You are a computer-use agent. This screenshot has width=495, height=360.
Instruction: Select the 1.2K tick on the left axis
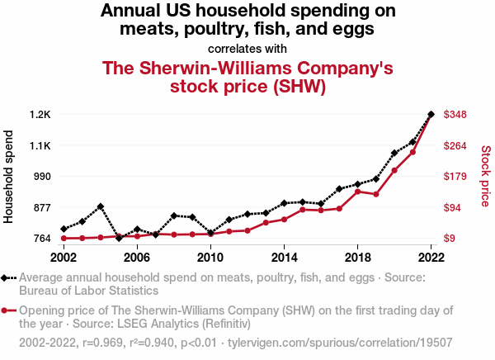39,114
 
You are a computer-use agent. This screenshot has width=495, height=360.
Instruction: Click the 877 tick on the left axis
41,207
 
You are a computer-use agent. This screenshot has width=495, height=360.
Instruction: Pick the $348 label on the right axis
456,114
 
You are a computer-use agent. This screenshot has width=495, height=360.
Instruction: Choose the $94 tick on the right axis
454,207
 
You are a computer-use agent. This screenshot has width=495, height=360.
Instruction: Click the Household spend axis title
10,176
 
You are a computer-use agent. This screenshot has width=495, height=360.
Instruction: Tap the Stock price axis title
486,176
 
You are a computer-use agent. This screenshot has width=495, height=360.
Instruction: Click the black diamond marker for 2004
101,206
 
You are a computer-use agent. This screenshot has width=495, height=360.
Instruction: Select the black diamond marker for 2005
119,238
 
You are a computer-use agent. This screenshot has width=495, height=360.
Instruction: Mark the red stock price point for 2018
357,192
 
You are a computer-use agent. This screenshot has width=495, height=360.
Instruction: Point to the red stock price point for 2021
412,152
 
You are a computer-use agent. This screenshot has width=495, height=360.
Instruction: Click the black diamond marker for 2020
394,153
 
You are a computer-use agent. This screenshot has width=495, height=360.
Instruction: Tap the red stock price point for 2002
64,239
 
